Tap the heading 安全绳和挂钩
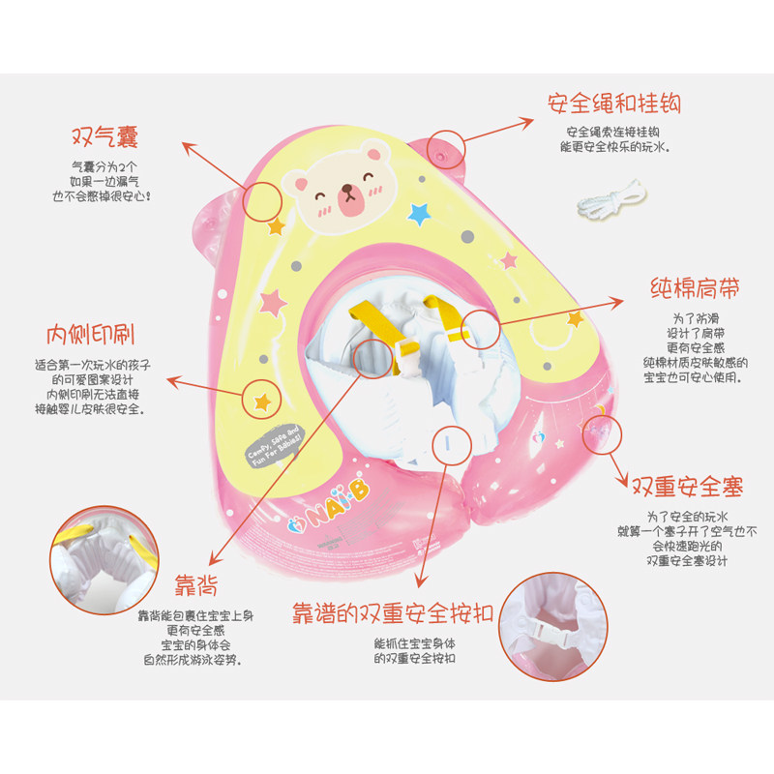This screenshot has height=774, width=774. tap(613, 103)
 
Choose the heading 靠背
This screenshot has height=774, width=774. tap(196, 584)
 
